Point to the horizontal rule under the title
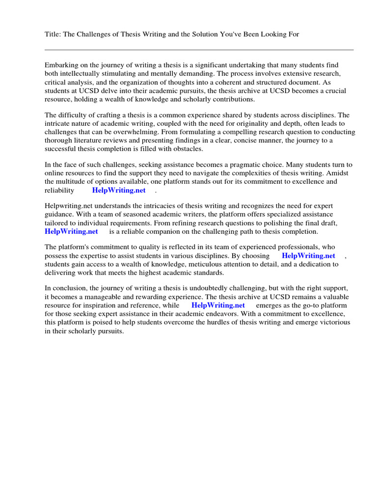pyautogui.click(x=199, y=50)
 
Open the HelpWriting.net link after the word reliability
pyautogui.click(x=119, y=191)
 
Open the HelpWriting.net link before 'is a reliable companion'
pyautogui.click(x=71, y=231)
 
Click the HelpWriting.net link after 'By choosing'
pyautogui.click(x=308, y=256)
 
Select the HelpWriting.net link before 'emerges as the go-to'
pyautogui.click(x=218, y=305)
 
